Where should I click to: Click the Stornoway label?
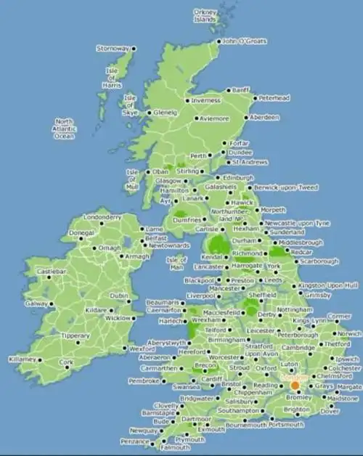pyautogui.click(x=113, y=49)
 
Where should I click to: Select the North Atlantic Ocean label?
pyautogui.click(x=65, y=129)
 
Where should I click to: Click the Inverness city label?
pyautogui.click(x=205, y=100)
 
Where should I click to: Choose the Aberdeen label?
pyautogui.click(x=264, y=117)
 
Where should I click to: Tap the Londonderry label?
pyautogui.click(x=101, y=217)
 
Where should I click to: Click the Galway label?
pyautogui.click(x=36, y=304)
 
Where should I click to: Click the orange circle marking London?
pyautogui.click(x=295, y=385)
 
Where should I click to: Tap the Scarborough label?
pyautogui.click(x=319, y=261)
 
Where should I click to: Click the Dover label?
pyautogui.click(x=330, y=411)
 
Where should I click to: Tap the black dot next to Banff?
pyautogui.click(x=228, y=90)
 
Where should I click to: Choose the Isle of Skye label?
pyautogui.click(x=130, y=105)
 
